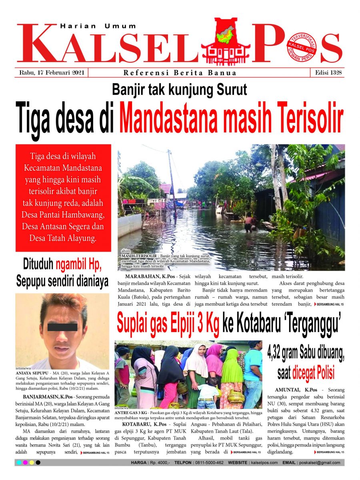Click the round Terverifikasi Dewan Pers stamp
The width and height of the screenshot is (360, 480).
tap(301, 49)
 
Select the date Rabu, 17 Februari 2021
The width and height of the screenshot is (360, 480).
tap(51, 73)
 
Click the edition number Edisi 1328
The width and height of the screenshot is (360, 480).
tap(327, 73)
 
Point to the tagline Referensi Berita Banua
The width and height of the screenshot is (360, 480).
tap(180, 73)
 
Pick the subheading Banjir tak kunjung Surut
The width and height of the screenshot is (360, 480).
tap(180, 90)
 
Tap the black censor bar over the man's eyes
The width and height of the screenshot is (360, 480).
tap(62, 327)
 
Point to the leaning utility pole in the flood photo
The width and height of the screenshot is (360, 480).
tap(172, 180)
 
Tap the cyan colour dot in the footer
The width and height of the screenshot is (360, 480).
tap(19, 463)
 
